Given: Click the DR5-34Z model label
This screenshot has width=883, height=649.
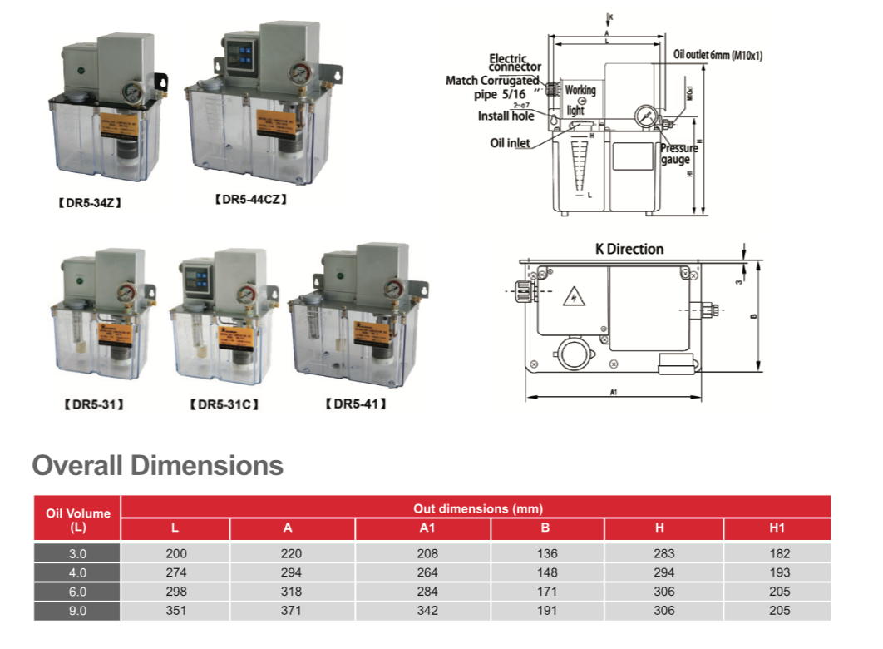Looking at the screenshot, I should pos(91,201).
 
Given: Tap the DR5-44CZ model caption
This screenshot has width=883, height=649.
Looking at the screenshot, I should pos(251,200).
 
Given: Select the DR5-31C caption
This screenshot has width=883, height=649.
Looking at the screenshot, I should pos(224,405).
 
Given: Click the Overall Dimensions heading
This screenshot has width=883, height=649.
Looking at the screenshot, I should pos(157,465).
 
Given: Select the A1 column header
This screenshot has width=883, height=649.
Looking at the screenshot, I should pos(423,528).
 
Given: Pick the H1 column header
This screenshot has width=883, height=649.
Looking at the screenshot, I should pos(777,528).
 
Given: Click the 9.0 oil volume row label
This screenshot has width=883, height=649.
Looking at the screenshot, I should pos(77,611).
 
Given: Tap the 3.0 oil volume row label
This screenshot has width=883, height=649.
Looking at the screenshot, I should pos(77,553).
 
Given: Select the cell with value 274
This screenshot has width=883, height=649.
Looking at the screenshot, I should pos(176,572).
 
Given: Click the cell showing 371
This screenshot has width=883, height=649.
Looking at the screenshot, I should pos(292,611).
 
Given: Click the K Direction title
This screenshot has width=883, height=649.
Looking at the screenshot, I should pos(629,249).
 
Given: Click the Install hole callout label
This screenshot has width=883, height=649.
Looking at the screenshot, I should pos(506,116).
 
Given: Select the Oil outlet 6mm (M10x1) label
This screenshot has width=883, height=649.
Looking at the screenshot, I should pos(718,55).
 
